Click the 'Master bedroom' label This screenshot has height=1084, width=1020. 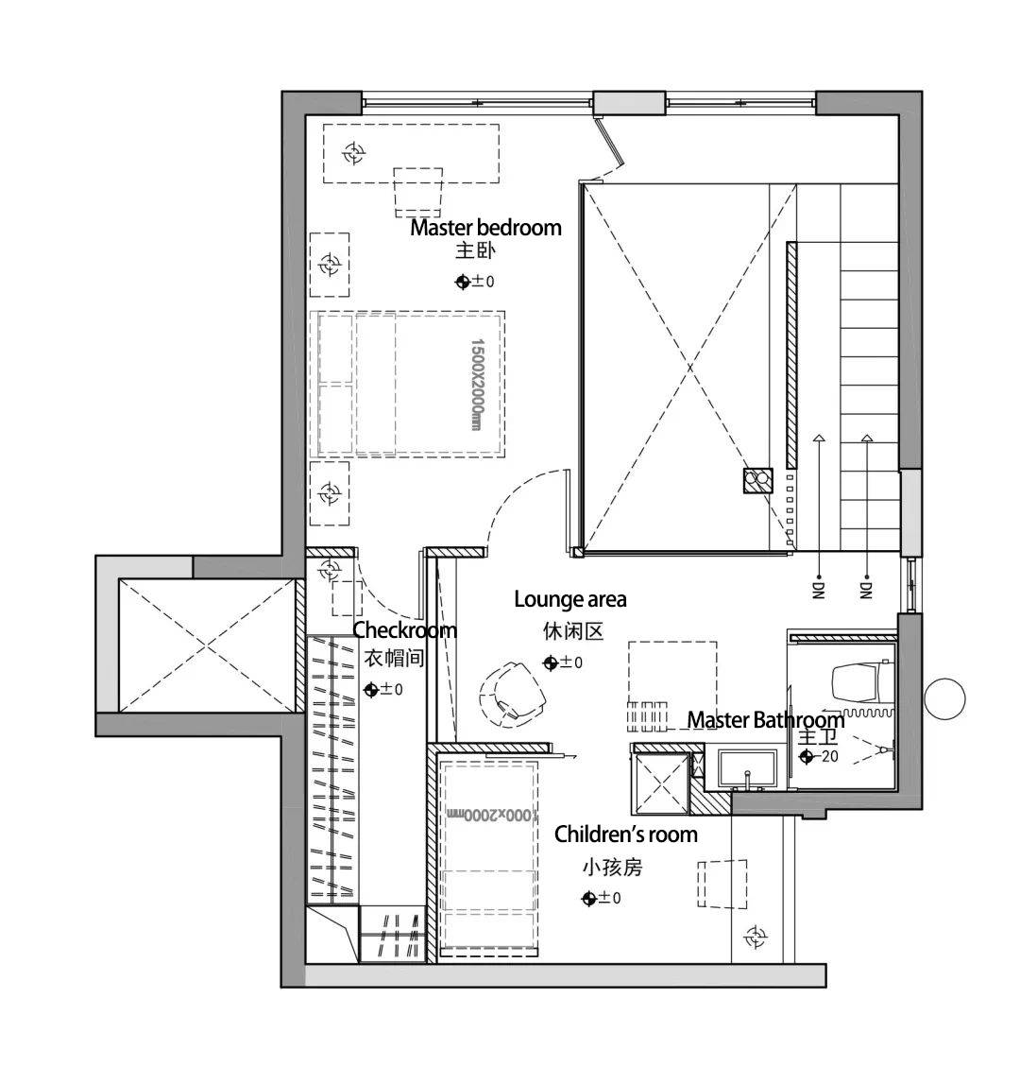click(x=485, y=228)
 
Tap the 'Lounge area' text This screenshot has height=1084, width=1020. click(x=570, y=598)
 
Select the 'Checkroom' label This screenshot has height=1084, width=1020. click(x=405, y=629)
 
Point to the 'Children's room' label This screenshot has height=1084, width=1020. click(x=626, y=835)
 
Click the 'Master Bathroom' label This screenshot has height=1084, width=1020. click(x=766, y=719)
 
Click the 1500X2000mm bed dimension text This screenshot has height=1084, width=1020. click(x=476, y=384)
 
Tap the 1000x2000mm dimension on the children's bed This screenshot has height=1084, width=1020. click(x=491, y=815)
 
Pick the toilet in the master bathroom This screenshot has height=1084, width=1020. click(x=860, y=683)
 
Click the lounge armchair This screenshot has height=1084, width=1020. click(x=512, y=693)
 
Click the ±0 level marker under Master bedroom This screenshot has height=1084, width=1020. click(x=475, y=282)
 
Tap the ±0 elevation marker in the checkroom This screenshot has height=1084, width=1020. click(x=382, y=689)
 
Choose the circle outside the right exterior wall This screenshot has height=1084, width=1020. click(x=944, y=699)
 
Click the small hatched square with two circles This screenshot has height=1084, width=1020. click(x=758, y=480)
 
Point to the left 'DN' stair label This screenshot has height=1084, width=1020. click(x=818, y=590)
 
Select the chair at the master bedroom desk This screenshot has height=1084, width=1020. click(x=418, y=192)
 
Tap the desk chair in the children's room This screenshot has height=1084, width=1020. click(x=722, y=885)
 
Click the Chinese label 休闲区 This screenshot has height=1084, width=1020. click(x=573, y=631)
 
